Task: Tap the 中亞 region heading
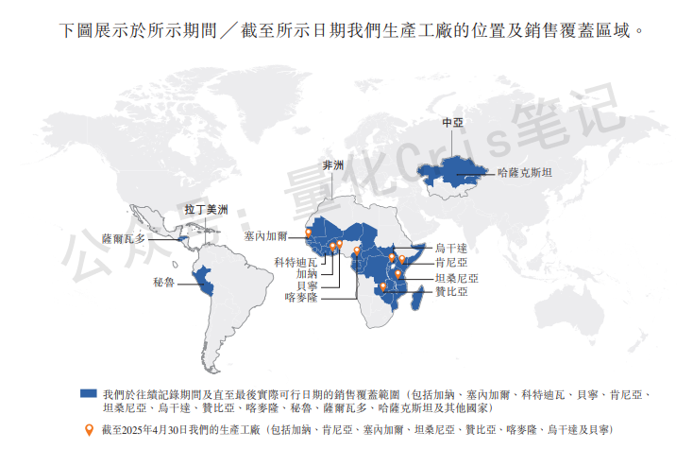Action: (x=452, y=124)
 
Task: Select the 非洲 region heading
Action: (x=333, y=166)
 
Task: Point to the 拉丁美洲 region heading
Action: (x=205, y=210)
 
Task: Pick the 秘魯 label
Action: (x=163, y=283)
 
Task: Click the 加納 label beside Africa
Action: (x=306, y=272)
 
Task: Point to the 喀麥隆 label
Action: (x=300, y=297)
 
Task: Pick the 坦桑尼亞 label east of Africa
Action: (x=456, y=279)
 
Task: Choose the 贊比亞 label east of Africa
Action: (x=450, y=293)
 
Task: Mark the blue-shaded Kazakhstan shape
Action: (x=453, y=170)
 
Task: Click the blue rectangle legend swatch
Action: (x=90, y=391)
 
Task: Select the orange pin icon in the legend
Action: (x=90, y=429)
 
